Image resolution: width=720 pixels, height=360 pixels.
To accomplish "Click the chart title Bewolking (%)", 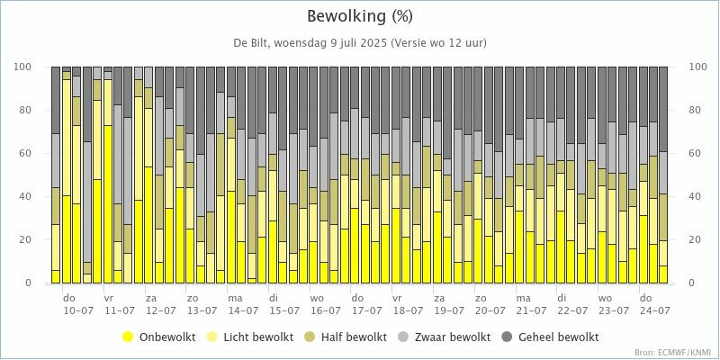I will (360, 17).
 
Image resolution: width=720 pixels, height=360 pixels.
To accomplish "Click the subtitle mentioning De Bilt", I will (360, 43).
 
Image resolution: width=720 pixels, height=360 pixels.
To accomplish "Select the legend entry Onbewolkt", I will (158, 337).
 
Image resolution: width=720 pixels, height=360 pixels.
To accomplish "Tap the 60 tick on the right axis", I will (696, 154).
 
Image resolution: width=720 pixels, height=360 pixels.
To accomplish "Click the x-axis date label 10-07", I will (77, 310).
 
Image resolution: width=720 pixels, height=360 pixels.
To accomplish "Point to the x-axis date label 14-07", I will (243, 310).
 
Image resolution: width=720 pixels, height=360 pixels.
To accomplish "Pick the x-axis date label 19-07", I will (449, 310).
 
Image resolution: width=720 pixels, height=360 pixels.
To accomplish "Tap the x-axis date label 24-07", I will (655, 310).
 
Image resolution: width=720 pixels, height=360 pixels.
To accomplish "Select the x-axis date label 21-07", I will (532, 310).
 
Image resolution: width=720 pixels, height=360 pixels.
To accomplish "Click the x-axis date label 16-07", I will (326, 310).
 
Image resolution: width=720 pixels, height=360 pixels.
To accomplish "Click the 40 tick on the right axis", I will (696, 197).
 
